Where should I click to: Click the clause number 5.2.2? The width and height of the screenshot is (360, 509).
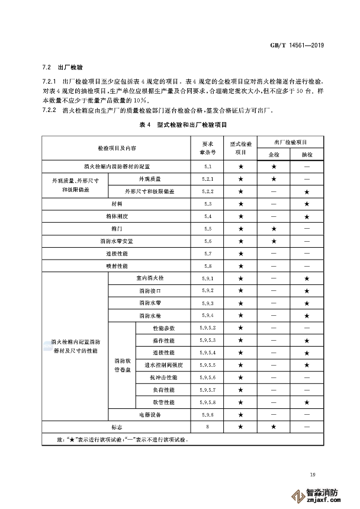[x=207, y=191]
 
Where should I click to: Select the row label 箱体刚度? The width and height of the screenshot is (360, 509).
[x=115, y=216]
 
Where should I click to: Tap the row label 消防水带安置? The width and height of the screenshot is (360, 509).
[x=115, y=241]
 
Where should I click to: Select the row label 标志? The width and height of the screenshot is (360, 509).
[x=115, y=427]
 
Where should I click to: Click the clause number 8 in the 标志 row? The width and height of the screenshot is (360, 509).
[x=207, y=427]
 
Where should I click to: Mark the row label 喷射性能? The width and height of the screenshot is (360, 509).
[x=115, y=266]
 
